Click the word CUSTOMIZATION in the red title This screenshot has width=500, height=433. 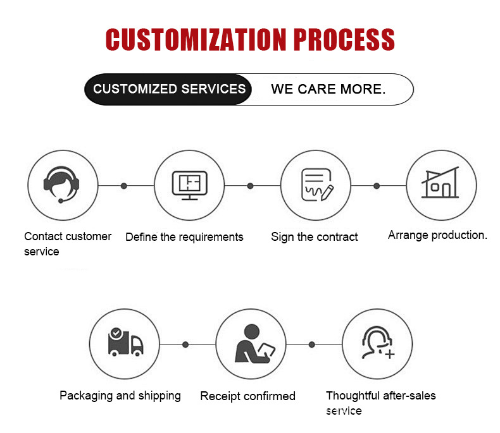click(196, 39)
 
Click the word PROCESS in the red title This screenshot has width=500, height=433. click(344, 39)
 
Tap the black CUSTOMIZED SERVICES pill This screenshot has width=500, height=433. click(169, 89)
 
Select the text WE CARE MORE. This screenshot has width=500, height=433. click(328, 89)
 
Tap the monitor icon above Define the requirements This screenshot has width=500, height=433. click(189, 185)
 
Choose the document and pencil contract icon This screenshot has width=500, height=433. click(315, 185)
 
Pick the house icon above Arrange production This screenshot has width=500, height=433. click(441, 185)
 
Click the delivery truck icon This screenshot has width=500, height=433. click(125, 344)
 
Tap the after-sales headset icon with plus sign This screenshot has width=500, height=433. click(378, 344)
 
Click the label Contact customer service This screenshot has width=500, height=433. click(67, 243)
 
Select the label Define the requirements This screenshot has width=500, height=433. click(184, 237)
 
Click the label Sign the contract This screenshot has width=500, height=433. click(314, 237)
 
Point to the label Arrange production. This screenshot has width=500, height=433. click(437, 235)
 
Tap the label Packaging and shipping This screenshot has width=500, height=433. click(120, 396)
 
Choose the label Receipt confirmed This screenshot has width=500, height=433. click(247, 396)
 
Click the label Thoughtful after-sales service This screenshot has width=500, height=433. click(380, 403)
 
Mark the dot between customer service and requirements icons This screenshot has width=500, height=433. click(124, 186)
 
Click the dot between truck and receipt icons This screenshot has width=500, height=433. click(185, 345)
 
